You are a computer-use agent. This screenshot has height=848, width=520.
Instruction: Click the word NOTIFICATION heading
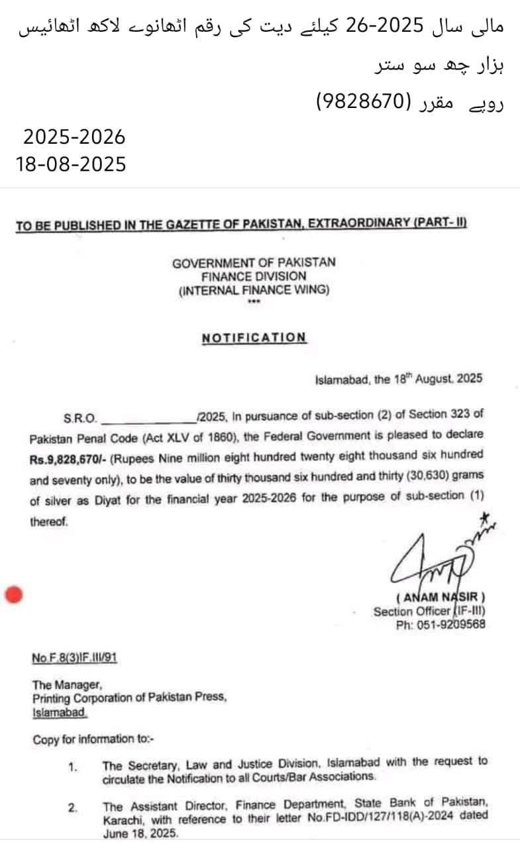[254, 337]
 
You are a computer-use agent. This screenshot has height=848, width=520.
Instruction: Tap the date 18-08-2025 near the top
[71, 164]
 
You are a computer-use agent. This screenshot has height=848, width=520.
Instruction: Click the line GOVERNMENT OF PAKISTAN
[254, 262]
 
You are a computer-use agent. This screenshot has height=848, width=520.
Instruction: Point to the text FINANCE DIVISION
[254, 276]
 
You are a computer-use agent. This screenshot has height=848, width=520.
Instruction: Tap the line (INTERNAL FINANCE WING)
[254, 290]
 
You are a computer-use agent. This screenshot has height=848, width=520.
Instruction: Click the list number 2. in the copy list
[73, 808]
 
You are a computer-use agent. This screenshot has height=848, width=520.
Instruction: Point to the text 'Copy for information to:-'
[93, 739]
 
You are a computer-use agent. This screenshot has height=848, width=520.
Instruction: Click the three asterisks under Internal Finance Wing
[253, 303]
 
